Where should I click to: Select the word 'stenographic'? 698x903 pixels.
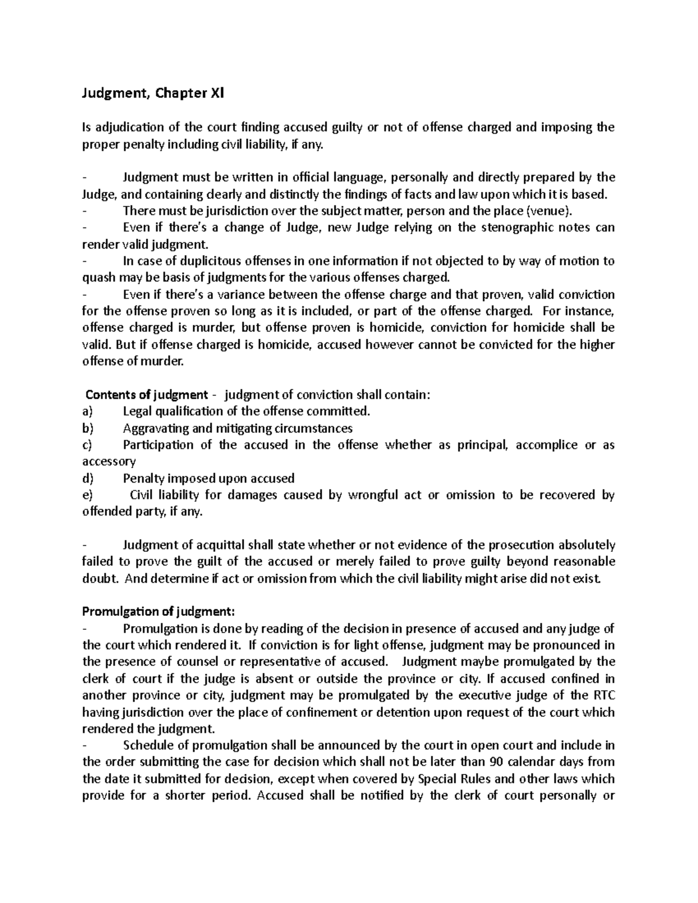512,227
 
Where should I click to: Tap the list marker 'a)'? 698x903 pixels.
87,412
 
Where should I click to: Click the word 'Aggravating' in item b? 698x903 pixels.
153,429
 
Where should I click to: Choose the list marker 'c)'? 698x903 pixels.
87,445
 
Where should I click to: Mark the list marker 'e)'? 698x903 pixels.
87,495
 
